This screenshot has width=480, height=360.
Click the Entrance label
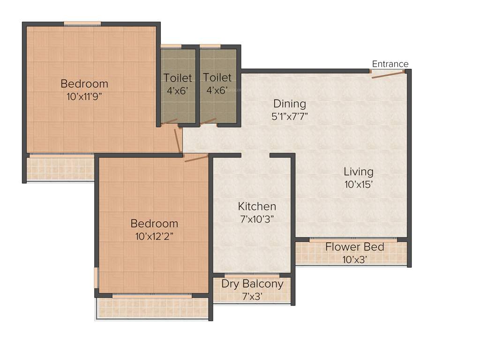[x=390, y=64]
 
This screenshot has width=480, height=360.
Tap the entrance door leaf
[x=387, y=75]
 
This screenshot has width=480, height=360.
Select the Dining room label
[x=290, y=104]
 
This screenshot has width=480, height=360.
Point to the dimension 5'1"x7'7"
[x=290, y=116]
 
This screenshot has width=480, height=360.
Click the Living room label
[x=358, y=172]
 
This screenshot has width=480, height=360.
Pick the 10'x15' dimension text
[x=358, y=185]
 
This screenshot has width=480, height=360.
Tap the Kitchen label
[x=257, y=206]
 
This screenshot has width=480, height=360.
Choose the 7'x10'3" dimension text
[x=257, y=218]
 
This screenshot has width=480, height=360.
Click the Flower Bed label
[x=355, y=247]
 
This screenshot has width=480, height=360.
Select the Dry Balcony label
[x=252, y=284]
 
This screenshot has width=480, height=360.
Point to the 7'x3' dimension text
[x=252, y=296]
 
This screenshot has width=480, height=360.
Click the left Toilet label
[x=178, y=77]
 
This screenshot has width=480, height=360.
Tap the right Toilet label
[x=217, y=77]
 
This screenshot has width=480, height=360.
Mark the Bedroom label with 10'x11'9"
[x=84, y=84]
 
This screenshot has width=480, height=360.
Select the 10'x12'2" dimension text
[x=154, y=236]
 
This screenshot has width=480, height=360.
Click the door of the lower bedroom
[x=196, y=158]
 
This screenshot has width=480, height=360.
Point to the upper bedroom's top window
[x=82, y=23]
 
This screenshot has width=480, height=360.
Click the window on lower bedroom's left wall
[x=96, y=277]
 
